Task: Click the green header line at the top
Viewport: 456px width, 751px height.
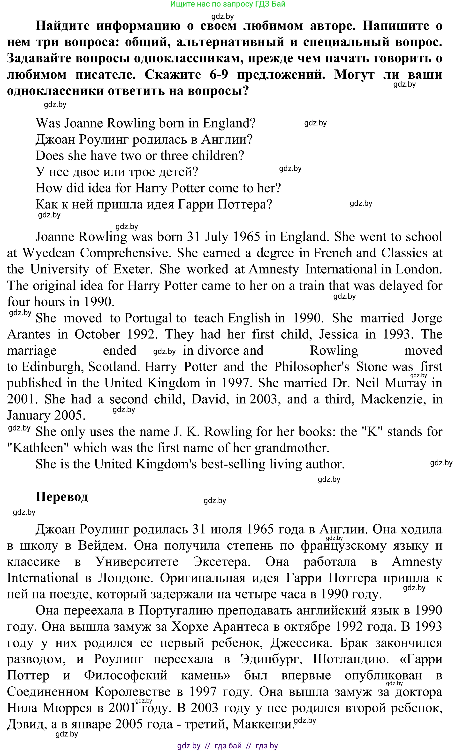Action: tap(228, 4)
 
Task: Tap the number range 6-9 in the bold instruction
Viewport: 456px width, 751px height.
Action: tap(219, 74)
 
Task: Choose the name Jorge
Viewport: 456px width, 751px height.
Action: tap(426, 318)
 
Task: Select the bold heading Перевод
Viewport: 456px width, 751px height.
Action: tap(62, 497)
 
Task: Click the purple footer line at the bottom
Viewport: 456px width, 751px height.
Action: tap(228, 746)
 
